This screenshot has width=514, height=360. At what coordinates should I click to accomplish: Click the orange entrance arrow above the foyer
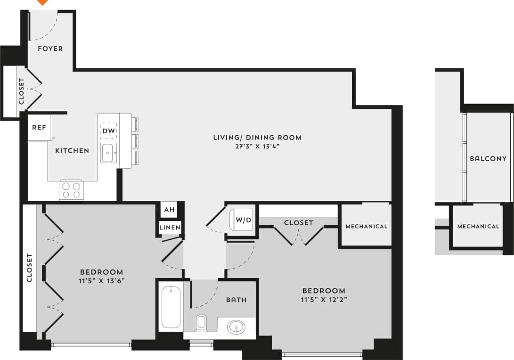[42, 2]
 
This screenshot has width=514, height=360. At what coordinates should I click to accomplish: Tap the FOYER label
[50, 49]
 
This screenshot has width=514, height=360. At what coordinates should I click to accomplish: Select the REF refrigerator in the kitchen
[39, 127]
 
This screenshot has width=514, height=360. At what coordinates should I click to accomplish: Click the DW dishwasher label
[108, 131]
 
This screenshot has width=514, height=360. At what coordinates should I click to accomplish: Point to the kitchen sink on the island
[107, 153]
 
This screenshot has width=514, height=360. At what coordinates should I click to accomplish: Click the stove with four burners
[71, 190]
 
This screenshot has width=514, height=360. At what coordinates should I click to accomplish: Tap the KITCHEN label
[72, 151]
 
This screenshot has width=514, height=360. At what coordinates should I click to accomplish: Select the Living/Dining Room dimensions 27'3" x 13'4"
[257, 146]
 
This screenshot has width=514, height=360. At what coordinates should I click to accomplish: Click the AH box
[169, 210]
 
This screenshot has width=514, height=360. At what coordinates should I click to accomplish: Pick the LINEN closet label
[170, 228]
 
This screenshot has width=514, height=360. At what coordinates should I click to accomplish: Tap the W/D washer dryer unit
[242, 220]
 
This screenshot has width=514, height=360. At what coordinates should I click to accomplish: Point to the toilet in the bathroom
[201, 323]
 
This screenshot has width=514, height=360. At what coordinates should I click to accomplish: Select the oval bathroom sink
[236, 327]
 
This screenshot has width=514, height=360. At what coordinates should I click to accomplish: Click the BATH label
[236, 300]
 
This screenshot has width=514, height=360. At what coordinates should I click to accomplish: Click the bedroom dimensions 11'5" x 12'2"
[324, 300]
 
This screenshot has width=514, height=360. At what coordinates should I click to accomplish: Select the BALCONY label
[488, 159]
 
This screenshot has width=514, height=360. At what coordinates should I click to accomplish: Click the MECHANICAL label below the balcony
[478, 226]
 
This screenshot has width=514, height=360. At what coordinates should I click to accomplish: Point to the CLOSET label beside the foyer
[22, 91]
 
